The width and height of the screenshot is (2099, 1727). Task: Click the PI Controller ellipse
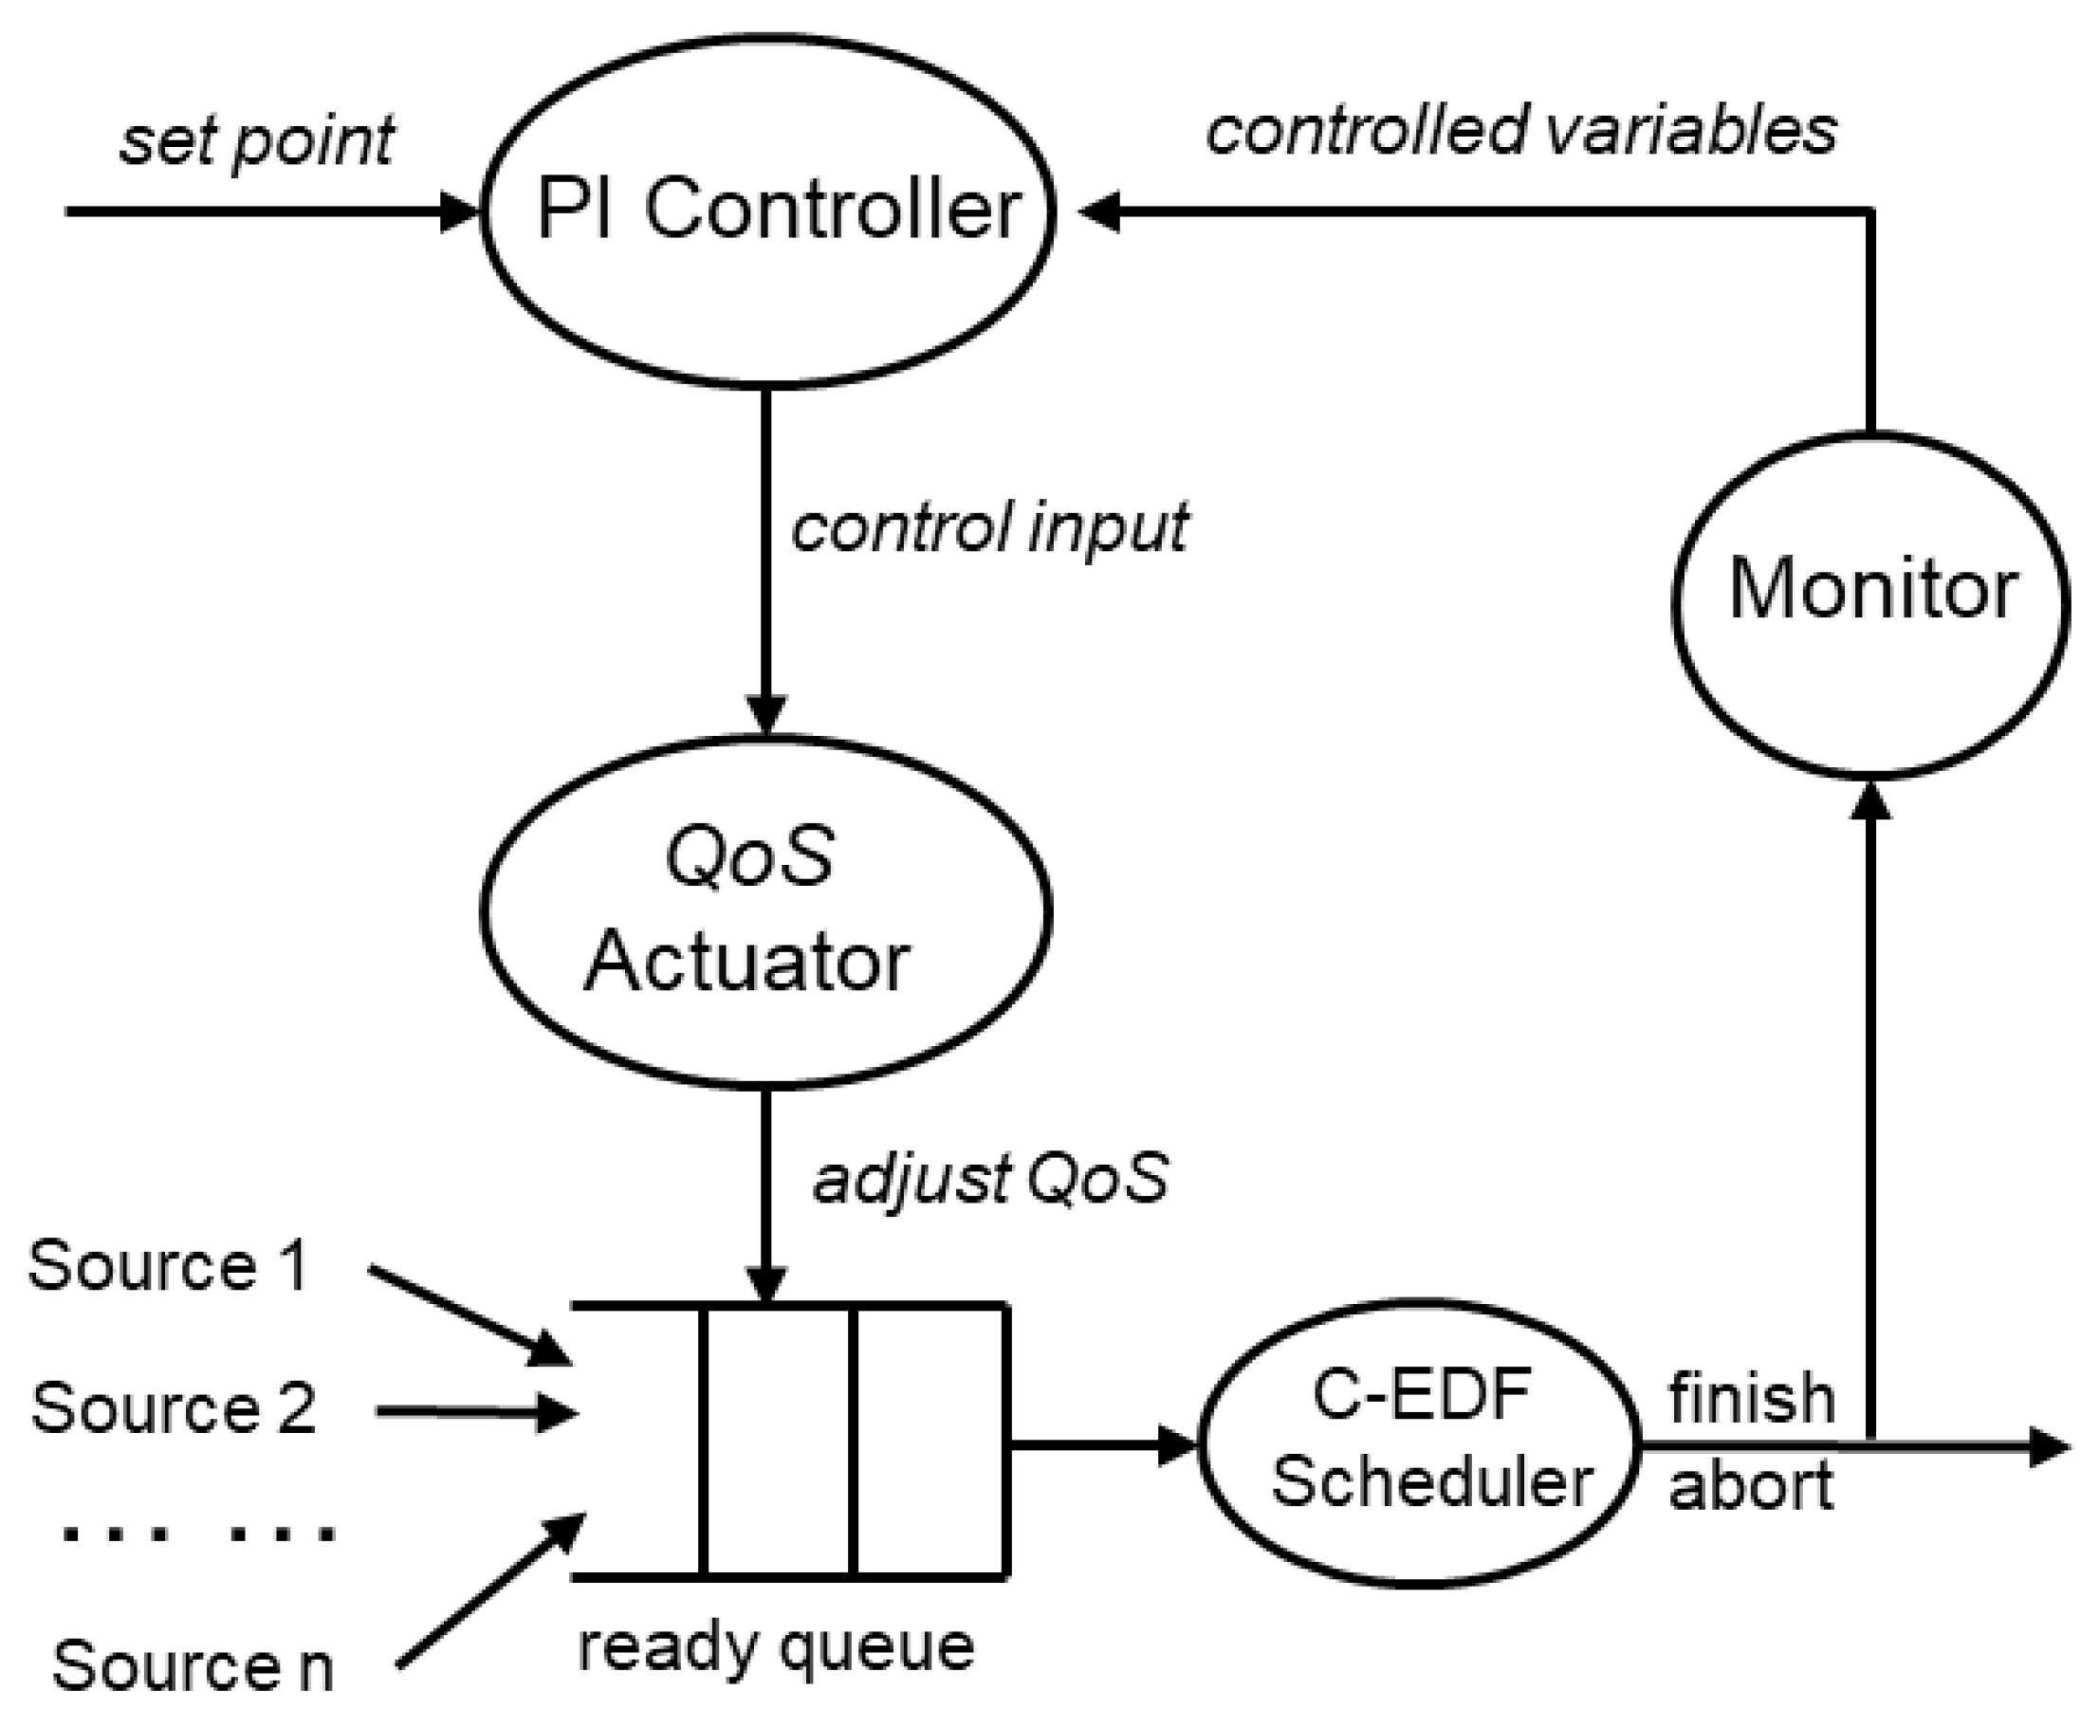(767, 210)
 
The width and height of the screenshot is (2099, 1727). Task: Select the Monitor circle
(1870, 604)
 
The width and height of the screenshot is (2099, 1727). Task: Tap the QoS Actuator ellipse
(765, 910)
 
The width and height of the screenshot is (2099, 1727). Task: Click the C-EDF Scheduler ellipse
(1418, 1442)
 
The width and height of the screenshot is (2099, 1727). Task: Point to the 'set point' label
(256, 141)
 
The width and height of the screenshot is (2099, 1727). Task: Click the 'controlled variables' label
(1520, 131)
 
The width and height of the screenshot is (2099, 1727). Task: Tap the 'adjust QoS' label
(990, 1179)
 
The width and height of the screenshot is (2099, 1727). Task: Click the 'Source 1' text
(167, 1266)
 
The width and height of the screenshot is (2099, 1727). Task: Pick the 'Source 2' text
(173, 1407)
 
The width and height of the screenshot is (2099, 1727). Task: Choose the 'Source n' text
(192, 1666)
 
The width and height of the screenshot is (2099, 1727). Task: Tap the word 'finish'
(1751, 1398)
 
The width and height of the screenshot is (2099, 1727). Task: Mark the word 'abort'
(1751, 1486)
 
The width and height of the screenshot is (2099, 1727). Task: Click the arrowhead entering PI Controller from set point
(461, 211)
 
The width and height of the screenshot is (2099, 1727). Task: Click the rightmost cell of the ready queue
(931, 1440)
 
